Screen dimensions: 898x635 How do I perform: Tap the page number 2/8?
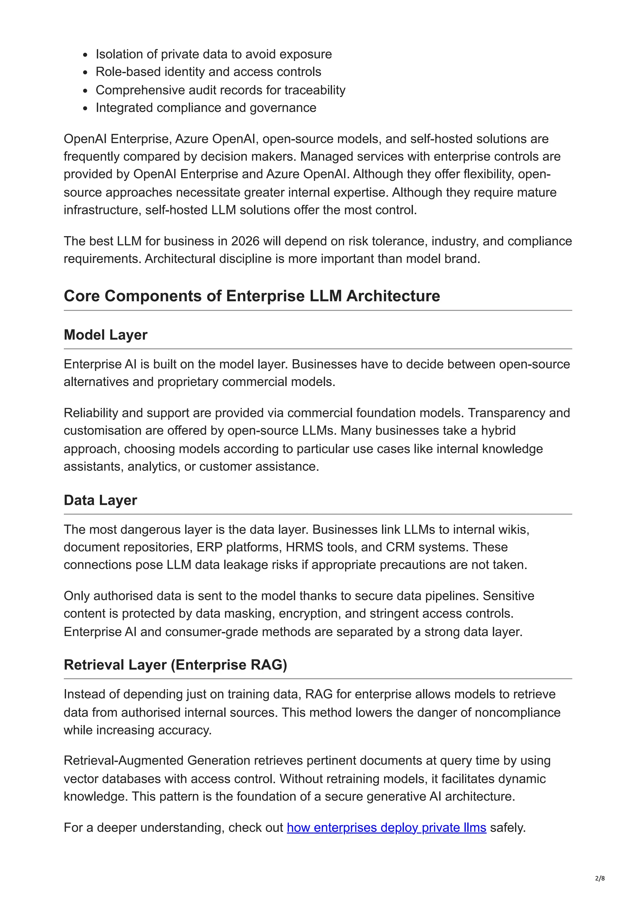[x=600, y=878]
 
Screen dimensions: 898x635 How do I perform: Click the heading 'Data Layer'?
[x=100, y=500]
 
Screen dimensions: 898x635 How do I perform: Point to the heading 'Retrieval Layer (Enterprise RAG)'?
[x=175, y=665]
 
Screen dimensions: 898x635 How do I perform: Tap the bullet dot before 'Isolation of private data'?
[x=86, y=55]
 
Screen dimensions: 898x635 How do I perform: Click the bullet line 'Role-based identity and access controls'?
[x=208, y=72]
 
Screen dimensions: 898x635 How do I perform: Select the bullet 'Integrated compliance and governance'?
[x=206, y=108]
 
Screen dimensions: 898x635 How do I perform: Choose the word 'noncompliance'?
[x=517, y=712]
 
